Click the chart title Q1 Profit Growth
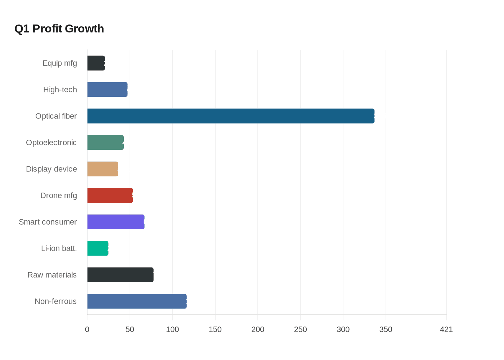59,29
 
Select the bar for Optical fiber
230,116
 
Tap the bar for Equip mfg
96,63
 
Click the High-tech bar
107,90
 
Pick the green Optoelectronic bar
105,143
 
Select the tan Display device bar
103,169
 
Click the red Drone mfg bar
110,195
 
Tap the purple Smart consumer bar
116,222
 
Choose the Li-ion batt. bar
98,248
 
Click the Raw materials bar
120,275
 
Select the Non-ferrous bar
137,301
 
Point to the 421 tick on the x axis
446,329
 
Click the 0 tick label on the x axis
87,329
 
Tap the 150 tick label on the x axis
215,329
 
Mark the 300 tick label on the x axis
343,329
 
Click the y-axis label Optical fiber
56,116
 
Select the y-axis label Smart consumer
48,222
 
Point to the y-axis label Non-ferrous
55,301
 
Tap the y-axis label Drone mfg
58,195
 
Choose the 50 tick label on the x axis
130,329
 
